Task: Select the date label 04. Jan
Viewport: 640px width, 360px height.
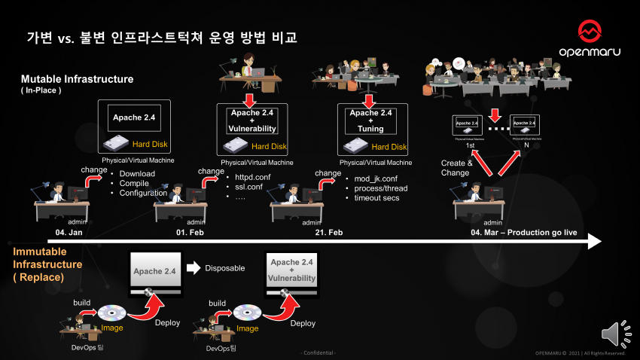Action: [x=69, y=233]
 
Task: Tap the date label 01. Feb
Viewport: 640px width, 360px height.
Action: [x=190, y=233]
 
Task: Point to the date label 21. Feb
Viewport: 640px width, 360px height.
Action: [x=329, y=233]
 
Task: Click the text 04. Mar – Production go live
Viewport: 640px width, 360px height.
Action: [x=523, y=233]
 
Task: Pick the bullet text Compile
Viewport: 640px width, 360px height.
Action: [x=136, y=183]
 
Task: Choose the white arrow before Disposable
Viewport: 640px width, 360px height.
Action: [x=194, y=267]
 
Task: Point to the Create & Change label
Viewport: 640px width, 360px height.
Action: [x=456, y=167]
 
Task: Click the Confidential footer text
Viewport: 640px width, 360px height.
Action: [x=319, y=352]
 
